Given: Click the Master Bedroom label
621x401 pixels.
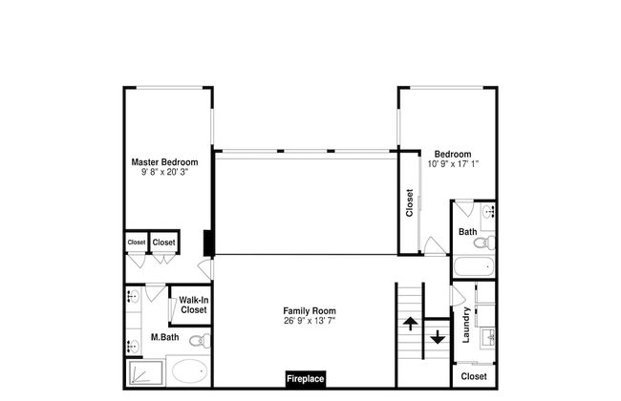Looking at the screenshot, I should click(164, 162).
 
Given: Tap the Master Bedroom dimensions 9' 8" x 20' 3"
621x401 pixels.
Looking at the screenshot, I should click(164, 173).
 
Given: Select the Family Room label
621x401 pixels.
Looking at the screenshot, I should click(309, 311).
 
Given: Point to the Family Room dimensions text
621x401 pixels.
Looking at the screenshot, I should click(309, 322).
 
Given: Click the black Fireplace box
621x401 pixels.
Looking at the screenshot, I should click(306, 379).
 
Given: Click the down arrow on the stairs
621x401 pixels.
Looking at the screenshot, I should click(437, 337).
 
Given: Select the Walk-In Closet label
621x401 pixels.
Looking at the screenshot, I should click(193, 306).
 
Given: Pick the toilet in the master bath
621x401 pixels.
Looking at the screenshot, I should click(198, 340).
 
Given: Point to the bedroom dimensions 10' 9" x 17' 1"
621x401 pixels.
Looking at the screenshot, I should click(452, 164).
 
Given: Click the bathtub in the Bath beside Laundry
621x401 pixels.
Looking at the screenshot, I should click(473, 266).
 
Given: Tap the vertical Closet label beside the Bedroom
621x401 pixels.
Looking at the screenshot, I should click(410, 202).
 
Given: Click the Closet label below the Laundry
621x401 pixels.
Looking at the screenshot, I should click(473, 376).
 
